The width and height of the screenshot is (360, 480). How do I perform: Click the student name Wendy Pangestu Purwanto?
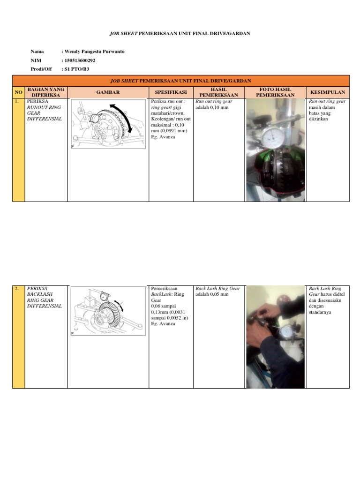[x=94, y=52]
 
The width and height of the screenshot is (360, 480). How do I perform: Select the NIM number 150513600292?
[x=82, y=60]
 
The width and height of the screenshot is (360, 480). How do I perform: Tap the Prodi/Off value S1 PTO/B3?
[x=76, y=69]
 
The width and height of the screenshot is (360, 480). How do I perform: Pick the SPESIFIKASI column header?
[x=171, y=92]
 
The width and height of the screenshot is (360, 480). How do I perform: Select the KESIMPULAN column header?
[x=328, y=92]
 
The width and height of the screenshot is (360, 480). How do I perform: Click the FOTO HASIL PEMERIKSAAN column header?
[x=276, y=92]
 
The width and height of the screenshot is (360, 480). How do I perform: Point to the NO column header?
[x=18, y=92]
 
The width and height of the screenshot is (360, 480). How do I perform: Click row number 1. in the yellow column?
[x=17, y=101]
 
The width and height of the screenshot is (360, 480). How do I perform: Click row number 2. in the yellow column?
[x=17, y=289]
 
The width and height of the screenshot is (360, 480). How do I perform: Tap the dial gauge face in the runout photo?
[x=272, y=136]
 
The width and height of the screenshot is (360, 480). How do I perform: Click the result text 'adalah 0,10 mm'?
[x=212, y=107]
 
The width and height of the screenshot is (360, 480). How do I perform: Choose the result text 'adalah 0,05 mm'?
[x=212, y=295]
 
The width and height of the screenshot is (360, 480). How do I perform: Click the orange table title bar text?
[x=180, y=81]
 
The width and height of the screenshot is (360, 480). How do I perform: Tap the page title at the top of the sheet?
[x=180, y=33]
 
